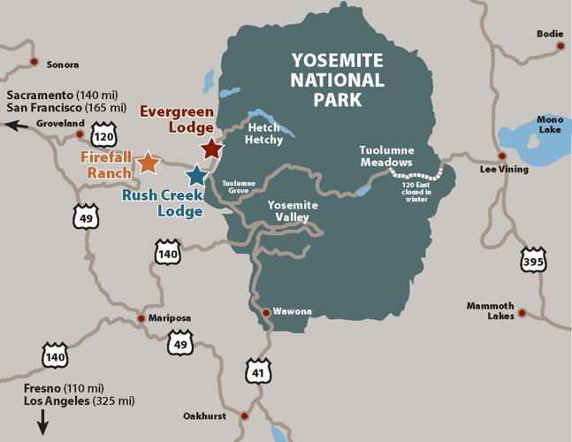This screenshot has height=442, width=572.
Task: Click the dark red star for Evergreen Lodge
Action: coord(210,148)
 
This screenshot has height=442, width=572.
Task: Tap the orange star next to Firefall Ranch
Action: coord(148,163)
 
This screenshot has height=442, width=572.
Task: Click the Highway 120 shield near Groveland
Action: coord(103,139)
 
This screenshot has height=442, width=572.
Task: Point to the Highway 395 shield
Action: coord(533,259)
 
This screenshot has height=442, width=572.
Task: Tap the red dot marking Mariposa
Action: coord(141,318)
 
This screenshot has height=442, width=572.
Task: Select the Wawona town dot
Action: coord(265,311)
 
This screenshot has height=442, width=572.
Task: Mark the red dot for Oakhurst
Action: coord(246,415)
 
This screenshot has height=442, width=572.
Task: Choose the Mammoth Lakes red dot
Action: coord(522,312)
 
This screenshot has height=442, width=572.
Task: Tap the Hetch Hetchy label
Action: coord(263,134)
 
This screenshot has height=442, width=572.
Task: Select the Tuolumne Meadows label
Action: coord(385,156)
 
